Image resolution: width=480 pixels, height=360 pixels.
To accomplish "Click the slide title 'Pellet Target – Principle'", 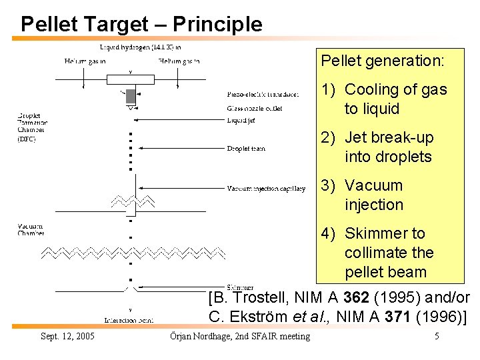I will click(x=141, y=25).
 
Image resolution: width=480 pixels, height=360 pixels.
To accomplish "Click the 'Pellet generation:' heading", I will click(x=382, y=61).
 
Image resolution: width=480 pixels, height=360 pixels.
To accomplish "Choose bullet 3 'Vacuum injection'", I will click(x=373, y=195).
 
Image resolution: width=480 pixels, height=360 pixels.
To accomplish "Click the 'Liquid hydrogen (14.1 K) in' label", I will click(x=140, y=47).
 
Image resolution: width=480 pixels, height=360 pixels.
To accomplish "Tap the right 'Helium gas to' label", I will click(x=179, y=61).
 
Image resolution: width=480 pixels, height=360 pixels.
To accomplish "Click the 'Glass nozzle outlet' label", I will click(x=254, y=107).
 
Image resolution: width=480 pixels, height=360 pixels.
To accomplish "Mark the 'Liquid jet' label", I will click(x=241, y=120).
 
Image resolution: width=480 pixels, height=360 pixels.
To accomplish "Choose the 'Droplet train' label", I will click(x=245, y=148).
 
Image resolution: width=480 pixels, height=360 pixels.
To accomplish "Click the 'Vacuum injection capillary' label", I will click(x=265, y=189).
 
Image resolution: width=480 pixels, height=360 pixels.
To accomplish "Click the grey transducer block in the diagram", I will click(x=131, y=95).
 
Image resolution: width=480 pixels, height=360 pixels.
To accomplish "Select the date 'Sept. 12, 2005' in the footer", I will click(x=67, y=336).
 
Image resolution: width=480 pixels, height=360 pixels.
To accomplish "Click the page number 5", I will click(x=436, y=336).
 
